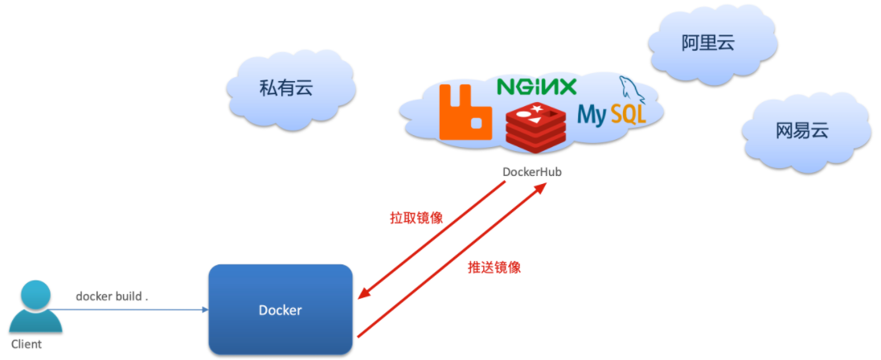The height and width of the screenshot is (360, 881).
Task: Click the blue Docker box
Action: (x=281, y=309)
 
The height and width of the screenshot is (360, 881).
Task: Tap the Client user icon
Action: (x=35, y=308)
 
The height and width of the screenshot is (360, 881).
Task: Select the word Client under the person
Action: (x=27, y=344)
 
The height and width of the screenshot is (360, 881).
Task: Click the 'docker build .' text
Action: (x=113, y=296)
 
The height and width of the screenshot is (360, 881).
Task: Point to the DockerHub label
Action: (x=531, y=172)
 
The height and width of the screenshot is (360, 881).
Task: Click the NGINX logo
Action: (x=537, y=87)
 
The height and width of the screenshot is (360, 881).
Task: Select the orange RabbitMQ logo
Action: (x=465, y=112)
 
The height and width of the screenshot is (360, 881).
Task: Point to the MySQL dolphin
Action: (x=632, y=90)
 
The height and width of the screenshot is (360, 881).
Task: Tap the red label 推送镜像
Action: (x=494, y=268)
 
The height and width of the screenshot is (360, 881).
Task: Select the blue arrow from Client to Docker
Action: (x=128, y=309)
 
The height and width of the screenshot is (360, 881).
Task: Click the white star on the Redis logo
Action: (x=537, y=108)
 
